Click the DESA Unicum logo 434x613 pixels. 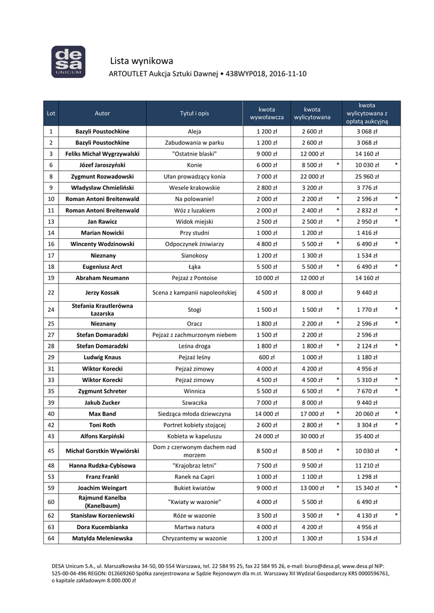point(68,62)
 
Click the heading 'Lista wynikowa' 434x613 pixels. point(142,60)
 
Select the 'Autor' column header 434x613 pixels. point(102,113)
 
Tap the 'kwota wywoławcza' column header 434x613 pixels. point(266,113)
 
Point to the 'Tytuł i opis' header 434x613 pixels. point(195,113)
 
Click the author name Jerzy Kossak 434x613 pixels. point(102,293)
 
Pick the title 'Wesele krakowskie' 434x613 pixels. point(195,187)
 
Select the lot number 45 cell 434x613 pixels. point(51,451)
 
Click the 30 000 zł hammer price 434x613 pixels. point(312,436)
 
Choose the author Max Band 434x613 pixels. point(102,414)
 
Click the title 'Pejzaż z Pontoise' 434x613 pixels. point(195,278)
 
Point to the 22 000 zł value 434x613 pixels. point(312,177)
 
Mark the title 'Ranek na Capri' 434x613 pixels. point(195,477)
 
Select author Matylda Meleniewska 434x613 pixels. point(102,538)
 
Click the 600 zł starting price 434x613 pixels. point(266,357)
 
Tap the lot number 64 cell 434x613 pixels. point(51,538)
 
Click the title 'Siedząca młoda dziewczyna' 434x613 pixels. point(195,414)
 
